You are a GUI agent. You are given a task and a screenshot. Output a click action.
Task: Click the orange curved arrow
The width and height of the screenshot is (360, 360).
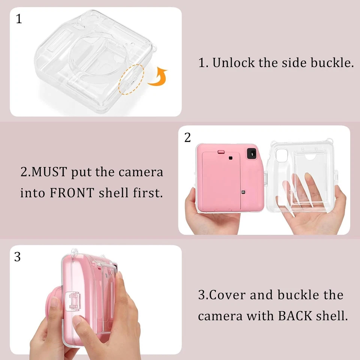[x=157, y=77]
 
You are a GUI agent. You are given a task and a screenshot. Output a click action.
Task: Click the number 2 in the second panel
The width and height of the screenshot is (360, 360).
[x=187, y=138]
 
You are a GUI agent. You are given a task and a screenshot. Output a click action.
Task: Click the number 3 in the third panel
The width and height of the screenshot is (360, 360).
[x=18, y=257]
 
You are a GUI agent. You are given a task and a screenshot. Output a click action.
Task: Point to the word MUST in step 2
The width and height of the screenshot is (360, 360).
[x=49, y=172]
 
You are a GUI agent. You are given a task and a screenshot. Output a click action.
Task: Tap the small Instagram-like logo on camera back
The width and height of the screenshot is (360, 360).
[x=243, y=192]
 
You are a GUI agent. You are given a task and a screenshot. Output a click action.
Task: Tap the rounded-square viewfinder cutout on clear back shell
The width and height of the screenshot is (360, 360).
[x=280, y=154]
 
